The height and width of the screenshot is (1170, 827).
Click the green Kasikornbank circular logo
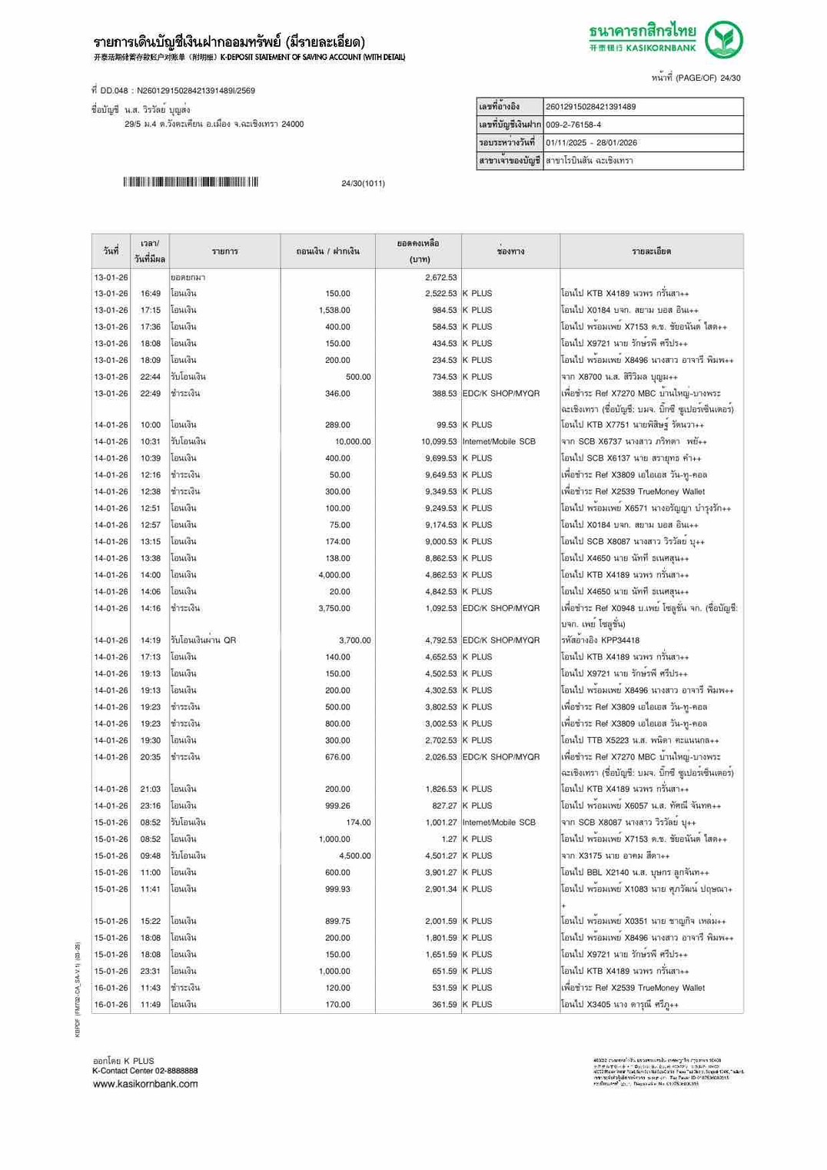(x=723, y=40)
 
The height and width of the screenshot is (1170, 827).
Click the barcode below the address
(x=190, y=182)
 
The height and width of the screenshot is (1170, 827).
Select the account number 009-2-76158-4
(x=573, y=125)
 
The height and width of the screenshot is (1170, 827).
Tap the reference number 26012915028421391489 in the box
(x=590, y=107)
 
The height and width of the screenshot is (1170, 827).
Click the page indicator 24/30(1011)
(x=363, y=184)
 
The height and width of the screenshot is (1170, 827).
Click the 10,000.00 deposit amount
(x=353, y=442)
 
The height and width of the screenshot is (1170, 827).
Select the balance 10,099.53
(x=439, y=442)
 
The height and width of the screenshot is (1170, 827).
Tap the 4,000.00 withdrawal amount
(x=334, y=575)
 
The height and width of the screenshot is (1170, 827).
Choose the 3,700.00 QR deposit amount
(x=355, y=640)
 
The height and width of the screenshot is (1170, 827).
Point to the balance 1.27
(x=449, y=839)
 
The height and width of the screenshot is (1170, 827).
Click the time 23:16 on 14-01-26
(x=151, y=806)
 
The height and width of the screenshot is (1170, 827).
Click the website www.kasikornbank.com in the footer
(x=145, y=1084)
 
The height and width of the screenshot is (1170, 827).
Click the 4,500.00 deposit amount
(x=355, y=856)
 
